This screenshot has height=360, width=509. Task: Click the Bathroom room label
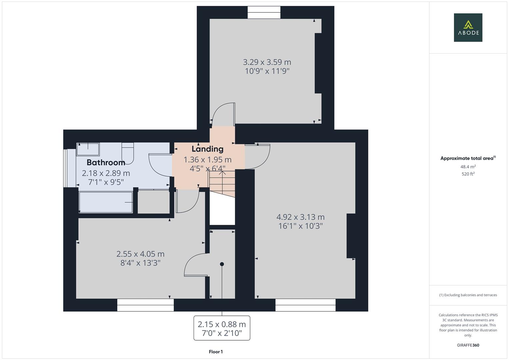pyautogui.click(x=106, y=163)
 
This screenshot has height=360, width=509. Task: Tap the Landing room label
pyautogui.click(x=207, y=149)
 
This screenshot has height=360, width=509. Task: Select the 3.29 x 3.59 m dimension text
pyautogui.click(x=267, y=62)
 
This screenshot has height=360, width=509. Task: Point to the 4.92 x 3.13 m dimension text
pyautogui.click(x=300, y=217)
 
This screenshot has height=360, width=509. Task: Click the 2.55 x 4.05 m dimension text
pyautogui.click(x=140, y=254)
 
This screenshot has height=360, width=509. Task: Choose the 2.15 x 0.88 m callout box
pyautogui.click(x=222, y=328)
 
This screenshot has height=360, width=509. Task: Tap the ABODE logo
pyautogui.click(x=468, y=27)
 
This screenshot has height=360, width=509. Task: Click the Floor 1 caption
pyautogui.click(x=216, y=352)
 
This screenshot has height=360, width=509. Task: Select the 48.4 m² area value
pyautogui.click(x=468, y=167)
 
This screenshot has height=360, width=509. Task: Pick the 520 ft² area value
pyautogui.click(x=468, y=174)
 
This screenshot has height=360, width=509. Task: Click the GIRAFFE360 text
pyautogui.click(x=468, y=345)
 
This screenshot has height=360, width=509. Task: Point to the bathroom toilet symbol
pyautogui.click(x=128, y=153)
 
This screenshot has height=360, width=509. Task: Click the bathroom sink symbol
pyautogui.click(x=88, y=149)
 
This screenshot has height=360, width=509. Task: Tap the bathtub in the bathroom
pyautogui.click(x=106, y=202)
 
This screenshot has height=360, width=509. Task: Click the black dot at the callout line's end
pyautogui.click(x=222, y=264)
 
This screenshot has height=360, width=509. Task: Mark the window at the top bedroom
pyautogui.click(x=264, y=13)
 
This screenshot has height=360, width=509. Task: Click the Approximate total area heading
pyautogui.click(x=468, y=158)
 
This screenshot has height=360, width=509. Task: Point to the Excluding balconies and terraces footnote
pyautogui.click(x=468, y=295)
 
